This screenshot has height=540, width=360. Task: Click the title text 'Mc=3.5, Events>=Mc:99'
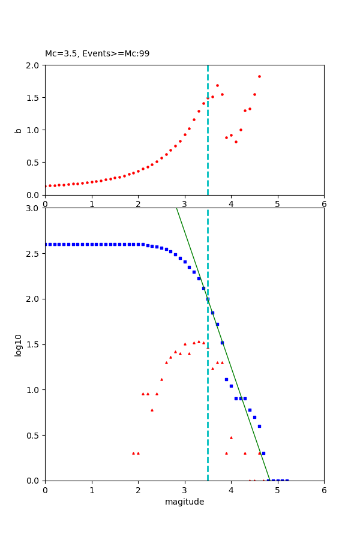pyautogui.click(x=97, y=54)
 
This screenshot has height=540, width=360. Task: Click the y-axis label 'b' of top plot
pyautogui.click(x=19, y=130)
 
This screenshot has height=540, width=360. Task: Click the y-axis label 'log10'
pyautogui.click(x=19, y=345)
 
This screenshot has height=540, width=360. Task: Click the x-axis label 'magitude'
pyautogui.click(x=184, y=502)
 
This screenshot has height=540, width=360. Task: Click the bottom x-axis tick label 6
pyautogui.click(x=324, y=490)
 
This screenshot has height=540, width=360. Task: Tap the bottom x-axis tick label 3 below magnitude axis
pyautogui.click(x=185, y=490)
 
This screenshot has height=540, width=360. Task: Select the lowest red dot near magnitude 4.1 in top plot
pyautogui.click(x=236, y=142)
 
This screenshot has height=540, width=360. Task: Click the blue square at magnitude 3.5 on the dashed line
pyautogui.click(x=208, y=299)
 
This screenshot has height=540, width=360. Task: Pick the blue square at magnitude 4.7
pyautogui.click(x=263, y=453)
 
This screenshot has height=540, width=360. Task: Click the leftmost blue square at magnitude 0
pyautogui.click(x=45, y=244)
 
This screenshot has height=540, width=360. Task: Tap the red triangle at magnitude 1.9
pyautogui.click(x=133, y=453)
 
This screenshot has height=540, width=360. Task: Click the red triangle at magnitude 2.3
pyautogui.click(x=152, y=410)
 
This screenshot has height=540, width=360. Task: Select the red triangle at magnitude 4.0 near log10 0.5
pyautogui.click(x=231, y=437)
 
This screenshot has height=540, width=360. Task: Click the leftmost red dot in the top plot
pyautogui.click(x=45, y=186)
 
